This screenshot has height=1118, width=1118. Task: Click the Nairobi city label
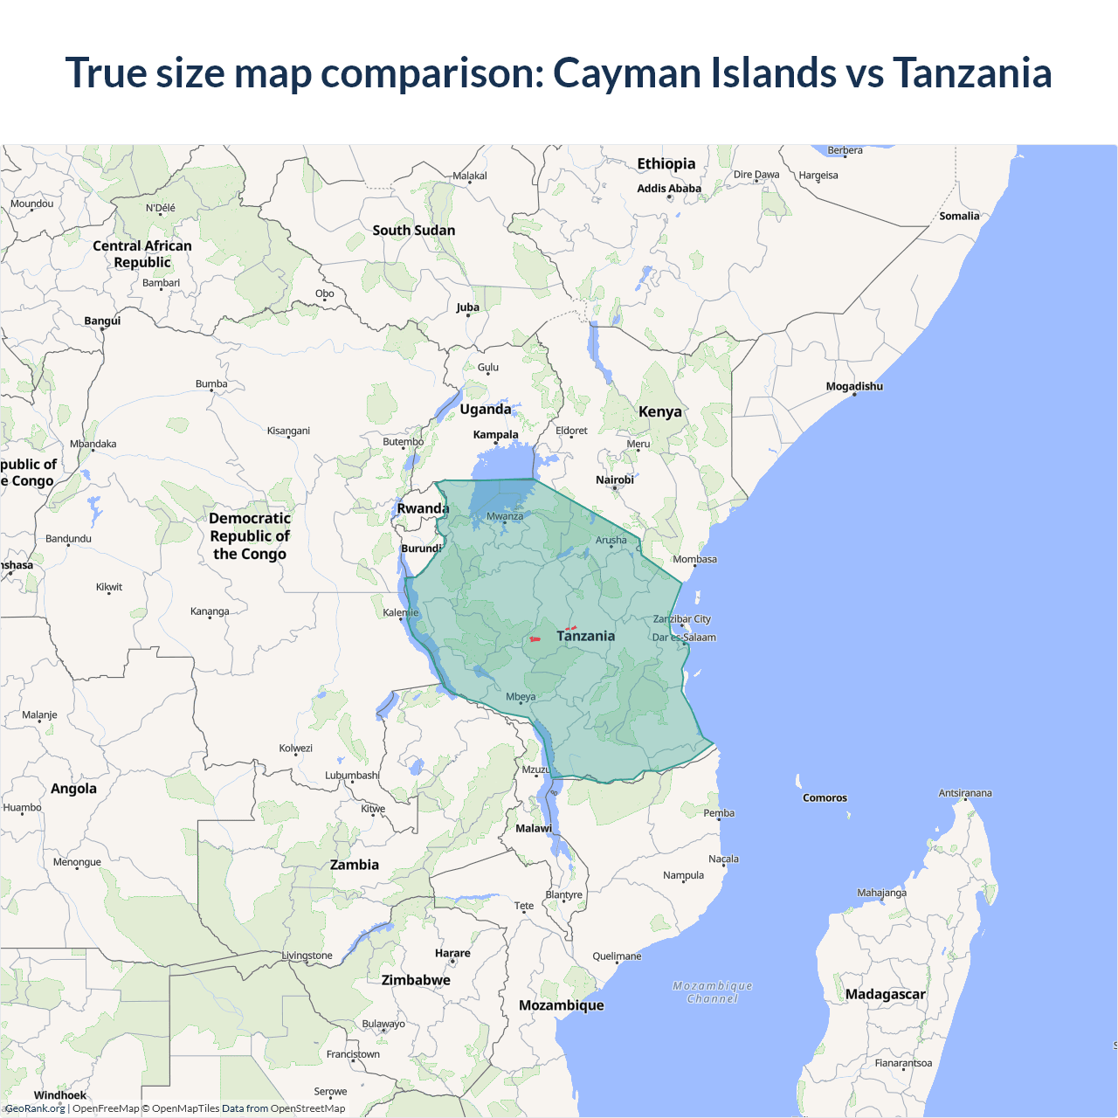click(614, 480)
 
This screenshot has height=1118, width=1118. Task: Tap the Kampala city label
click(495, 434)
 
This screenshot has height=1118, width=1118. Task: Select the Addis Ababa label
click(669, 188)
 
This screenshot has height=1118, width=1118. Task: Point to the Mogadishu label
click(854, 386)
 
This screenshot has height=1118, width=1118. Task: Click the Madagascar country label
click(885, 994)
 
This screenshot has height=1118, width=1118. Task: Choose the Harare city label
click(452, 953)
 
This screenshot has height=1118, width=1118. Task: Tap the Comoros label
click(825, 797)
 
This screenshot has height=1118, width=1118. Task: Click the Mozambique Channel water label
click(713, 992)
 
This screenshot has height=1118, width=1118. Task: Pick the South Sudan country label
click(413, 230)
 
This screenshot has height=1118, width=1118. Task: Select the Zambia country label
click(354, 865)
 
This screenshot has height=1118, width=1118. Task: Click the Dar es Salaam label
click(684, 637)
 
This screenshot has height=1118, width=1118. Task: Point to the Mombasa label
click(694, 559)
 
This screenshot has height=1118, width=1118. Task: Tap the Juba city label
click(467, 307)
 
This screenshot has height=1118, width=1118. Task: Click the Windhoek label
click(60, 1095)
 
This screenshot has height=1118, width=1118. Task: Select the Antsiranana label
click(965, 793)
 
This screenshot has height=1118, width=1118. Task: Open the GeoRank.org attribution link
click(36, 1108)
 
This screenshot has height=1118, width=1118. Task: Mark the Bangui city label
click(102, 321)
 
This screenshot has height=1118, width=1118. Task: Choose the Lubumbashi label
click(352, 775)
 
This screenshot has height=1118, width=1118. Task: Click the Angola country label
click(73, 788)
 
